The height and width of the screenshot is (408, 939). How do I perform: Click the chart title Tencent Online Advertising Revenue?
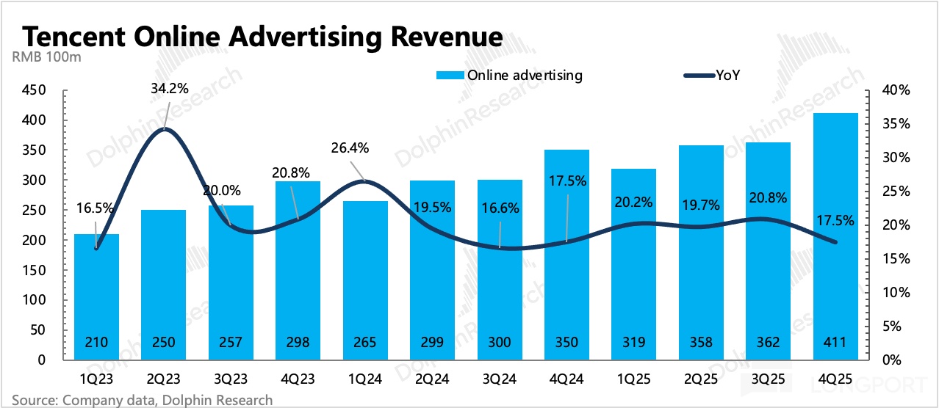point(263,37)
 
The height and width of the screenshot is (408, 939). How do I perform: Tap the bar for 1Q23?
point(96,294)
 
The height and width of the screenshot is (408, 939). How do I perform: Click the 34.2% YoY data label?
point(169,89)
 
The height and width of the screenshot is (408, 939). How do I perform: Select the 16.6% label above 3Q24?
point(500,208)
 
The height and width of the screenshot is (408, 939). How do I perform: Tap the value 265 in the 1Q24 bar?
point(364,343)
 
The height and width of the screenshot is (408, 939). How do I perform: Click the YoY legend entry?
point(727,76)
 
